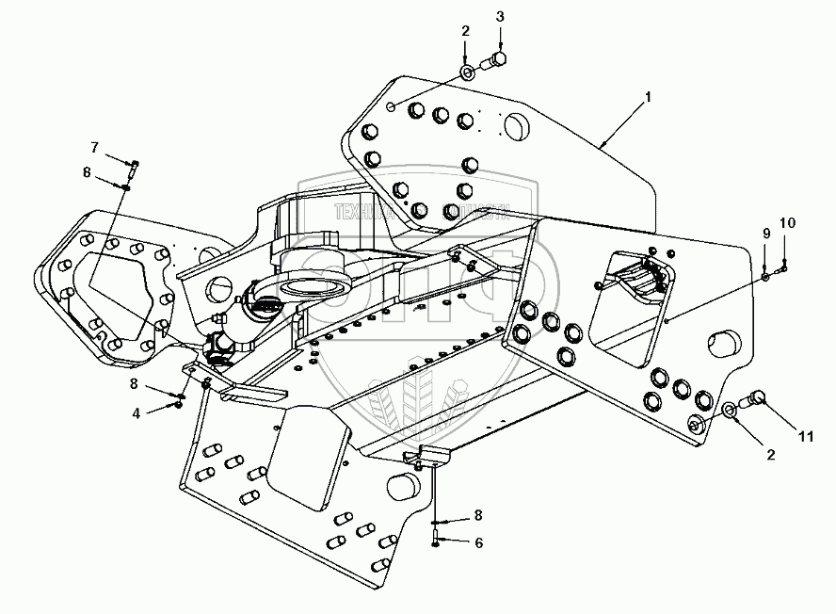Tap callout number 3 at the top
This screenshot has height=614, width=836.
point(500,17)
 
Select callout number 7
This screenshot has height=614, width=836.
point(94,147)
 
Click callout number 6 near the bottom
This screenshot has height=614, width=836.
point(478,542)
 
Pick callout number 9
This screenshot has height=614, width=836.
point(765,233)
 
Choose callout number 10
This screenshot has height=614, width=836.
point(788,223)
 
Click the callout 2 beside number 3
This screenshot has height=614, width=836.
point(465,31)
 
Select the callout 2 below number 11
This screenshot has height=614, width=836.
point(771,455)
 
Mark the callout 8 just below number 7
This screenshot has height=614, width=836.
point(87,172)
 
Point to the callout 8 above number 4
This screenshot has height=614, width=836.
point(135,383)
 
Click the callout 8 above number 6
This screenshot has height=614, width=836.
point(478,514)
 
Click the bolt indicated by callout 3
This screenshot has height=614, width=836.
point(493,62)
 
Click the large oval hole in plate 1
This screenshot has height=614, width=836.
point(519,126)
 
